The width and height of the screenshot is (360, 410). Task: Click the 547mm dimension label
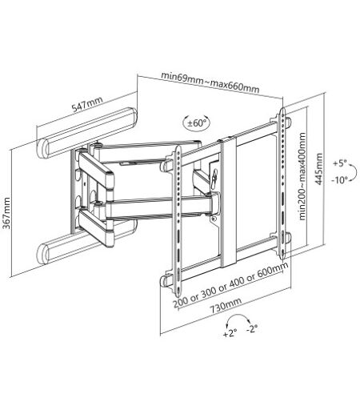(87, 104)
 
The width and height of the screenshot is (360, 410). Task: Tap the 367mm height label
(6, 213)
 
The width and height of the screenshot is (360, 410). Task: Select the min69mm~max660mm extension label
(210, 82)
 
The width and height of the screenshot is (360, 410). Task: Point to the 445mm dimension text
(318, 169)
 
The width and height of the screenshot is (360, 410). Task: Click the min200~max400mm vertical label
(302, 177)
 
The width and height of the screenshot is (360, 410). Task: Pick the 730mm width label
(226, 305)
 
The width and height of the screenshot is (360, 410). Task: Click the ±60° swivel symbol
(197, 123)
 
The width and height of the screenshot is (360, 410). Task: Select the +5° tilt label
(339, 163)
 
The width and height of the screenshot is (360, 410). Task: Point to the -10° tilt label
(340, 180)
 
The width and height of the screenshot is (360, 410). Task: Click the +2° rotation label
(230, 333)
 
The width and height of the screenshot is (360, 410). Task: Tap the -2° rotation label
(252, 328)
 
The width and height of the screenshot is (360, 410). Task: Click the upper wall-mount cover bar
(86, 133)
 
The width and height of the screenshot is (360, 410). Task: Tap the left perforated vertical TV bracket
(178, 220)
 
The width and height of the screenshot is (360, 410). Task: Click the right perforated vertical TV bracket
(282, 183)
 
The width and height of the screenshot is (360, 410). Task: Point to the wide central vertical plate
(229, 202)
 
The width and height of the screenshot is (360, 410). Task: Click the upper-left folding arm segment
(95, 169)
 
